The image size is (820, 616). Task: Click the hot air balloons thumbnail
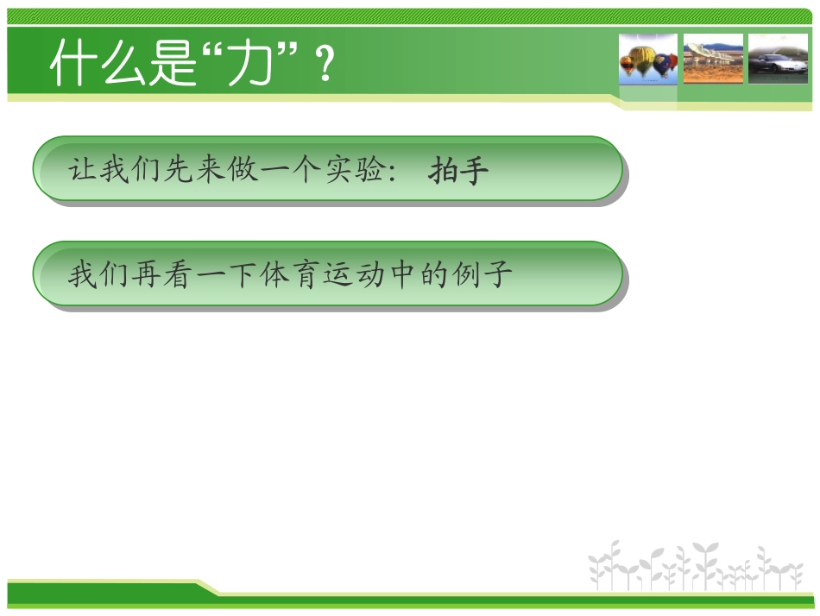pos(648,60)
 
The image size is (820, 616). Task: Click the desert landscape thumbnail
pos(713,60)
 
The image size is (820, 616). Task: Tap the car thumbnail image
pos(778,60)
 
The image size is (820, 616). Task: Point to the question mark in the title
pos(325,66)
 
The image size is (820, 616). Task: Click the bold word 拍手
pos(458,171)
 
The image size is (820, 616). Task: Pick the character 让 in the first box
pos(83,170)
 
